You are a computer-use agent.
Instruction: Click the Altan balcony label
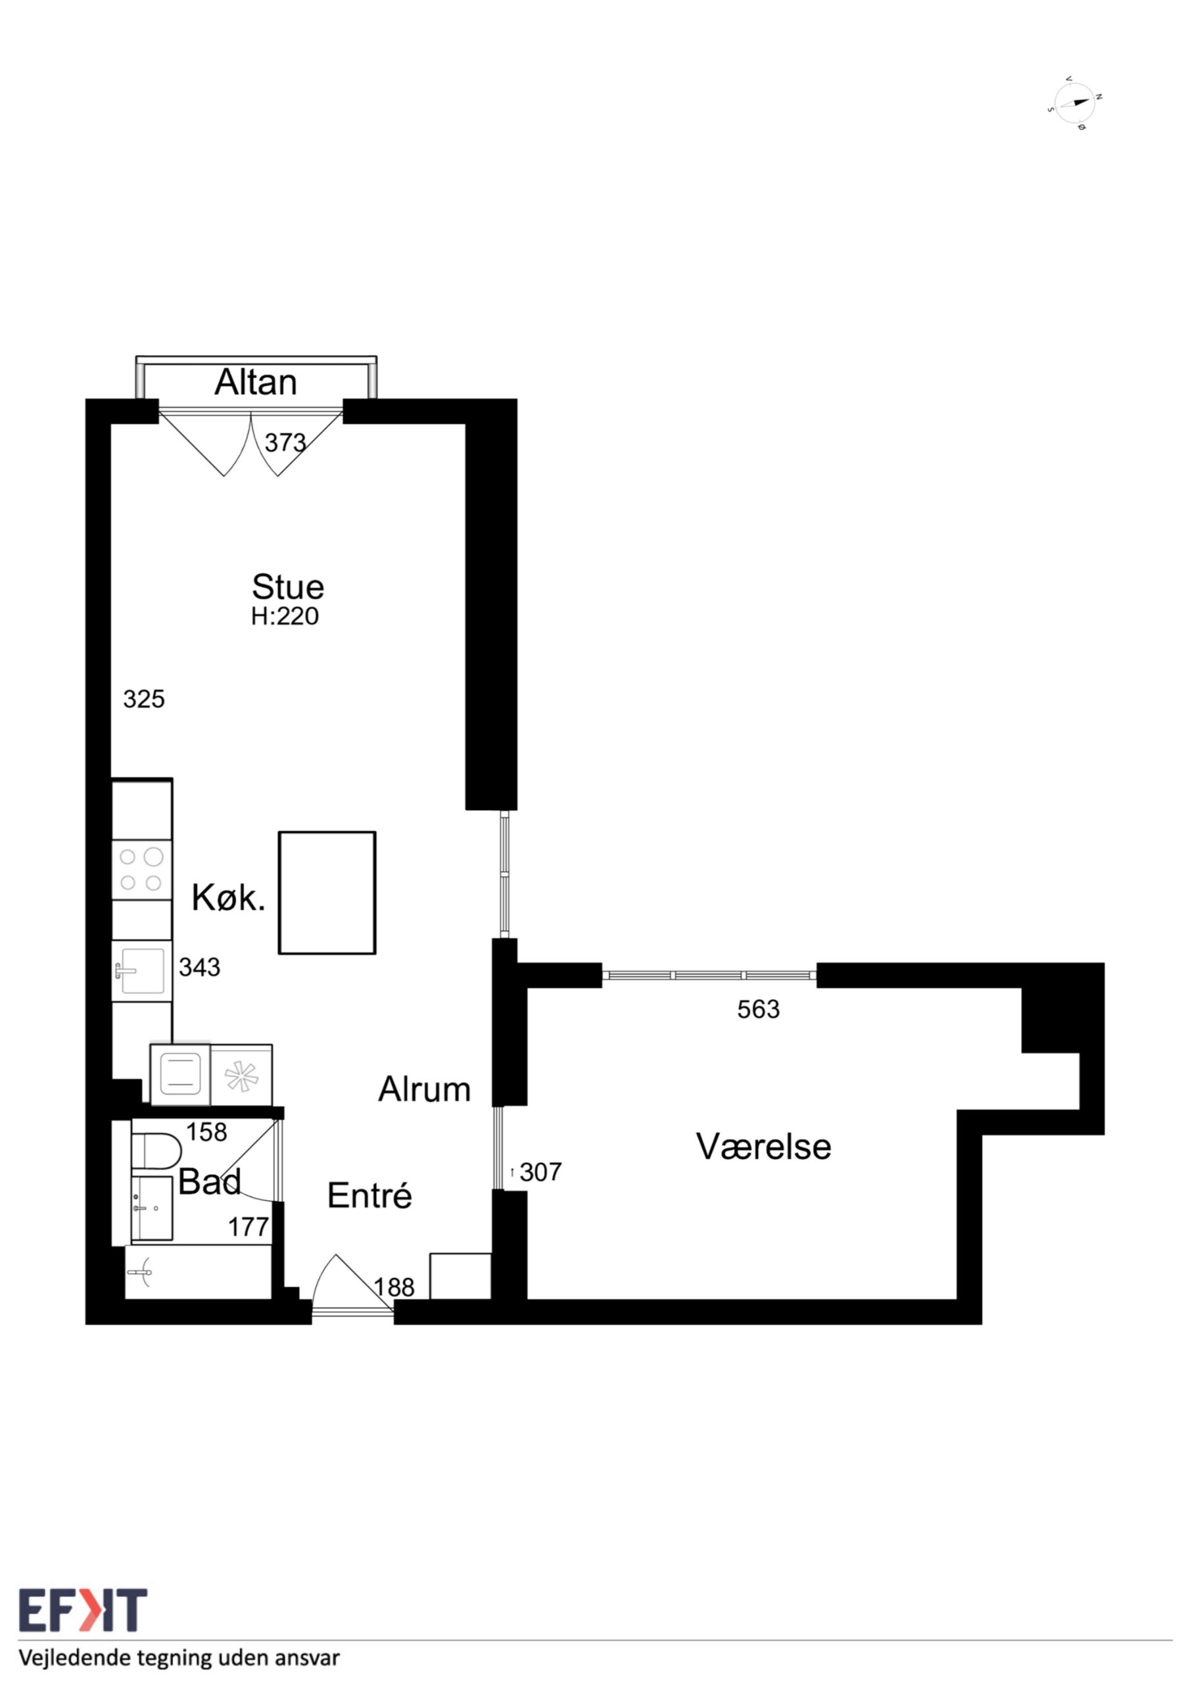[255, 382]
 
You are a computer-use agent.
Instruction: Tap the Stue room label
[287, 586]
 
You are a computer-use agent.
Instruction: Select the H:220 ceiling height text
[285, 617]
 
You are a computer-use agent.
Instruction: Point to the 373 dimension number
[285, 442]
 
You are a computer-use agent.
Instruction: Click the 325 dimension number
[144, 699]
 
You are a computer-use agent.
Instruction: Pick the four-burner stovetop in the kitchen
[141, 869]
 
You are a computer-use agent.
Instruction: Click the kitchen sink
[141, 970]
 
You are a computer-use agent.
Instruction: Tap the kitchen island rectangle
[327, 892]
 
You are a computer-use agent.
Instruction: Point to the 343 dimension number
[199, 967]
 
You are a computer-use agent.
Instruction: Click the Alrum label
[425, 1089]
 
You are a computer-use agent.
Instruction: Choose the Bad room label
[210, 1181]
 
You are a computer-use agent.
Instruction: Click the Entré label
[369, 1196]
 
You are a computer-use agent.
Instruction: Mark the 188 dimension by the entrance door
[394, 1287]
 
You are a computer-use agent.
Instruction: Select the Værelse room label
[763, 1147]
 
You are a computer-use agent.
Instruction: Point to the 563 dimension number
[758, 1009]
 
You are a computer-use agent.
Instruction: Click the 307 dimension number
[540, 1172]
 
